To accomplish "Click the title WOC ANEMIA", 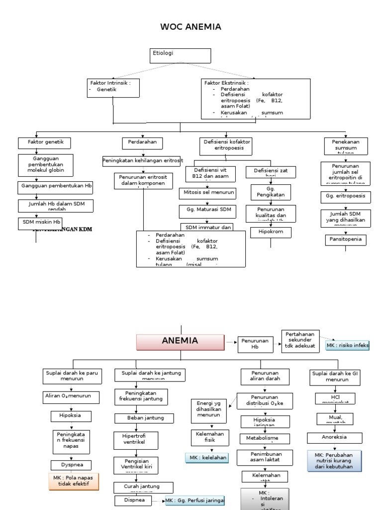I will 191,26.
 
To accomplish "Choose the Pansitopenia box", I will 345,240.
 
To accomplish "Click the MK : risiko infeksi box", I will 348,346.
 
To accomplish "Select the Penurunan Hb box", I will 255,344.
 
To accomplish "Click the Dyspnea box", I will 72,465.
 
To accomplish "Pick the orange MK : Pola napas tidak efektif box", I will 74,481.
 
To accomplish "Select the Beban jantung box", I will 141,417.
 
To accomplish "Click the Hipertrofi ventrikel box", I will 134,439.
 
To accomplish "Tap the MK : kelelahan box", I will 206,458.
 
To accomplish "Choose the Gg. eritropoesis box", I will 345,197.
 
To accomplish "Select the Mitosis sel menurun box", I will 207,192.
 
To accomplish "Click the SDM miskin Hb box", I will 40,223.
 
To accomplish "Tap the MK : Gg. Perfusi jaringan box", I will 194,501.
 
